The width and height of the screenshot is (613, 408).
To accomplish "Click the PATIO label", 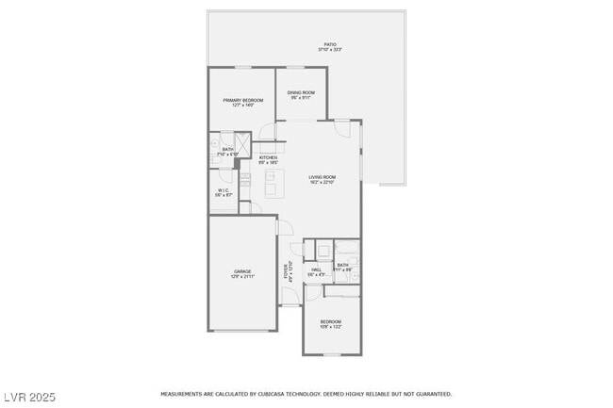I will (330, 44).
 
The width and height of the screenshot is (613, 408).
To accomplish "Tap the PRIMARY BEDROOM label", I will (242, 100).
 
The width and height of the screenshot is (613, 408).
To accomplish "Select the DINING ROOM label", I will (301, 91).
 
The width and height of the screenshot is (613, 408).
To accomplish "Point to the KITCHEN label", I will (268, 157).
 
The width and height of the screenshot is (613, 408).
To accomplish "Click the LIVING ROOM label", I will (323, 176).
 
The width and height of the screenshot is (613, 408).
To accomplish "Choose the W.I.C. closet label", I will (224, 190).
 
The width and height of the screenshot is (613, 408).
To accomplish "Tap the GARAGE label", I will (242, 271).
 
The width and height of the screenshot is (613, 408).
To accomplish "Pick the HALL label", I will (317, 270).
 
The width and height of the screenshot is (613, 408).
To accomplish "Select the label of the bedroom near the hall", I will (330, 322).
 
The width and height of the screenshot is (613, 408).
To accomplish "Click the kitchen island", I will (274, 182).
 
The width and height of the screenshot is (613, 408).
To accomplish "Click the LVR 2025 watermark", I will (28, 397).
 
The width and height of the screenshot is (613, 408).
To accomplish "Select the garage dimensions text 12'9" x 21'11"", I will (242, 276).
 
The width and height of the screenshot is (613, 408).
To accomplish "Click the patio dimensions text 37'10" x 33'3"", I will (330, 50).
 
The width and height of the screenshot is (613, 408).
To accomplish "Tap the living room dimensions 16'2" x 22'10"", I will (323, 182).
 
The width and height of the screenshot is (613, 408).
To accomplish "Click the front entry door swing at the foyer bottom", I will (290, 298).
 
